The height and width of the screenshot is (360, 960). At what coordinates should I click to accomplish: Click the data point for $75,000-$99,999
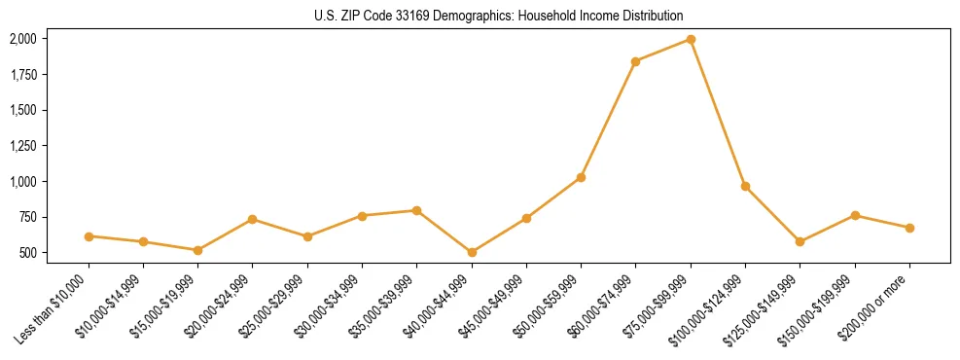[x=691, y=39]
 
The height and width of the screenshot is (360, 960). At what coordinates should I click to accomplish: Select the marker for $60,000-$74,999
[x=635, y=61]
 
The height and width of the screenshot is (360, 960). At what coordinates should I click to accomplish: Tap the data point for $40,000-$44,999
[x=472, y=252]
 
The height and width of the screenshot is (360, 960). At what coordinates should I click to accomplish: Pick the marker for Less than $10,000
[x=89, y=236]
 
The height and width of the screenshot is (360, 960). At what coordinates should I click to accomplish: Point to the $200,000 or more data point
[x=909, y=228]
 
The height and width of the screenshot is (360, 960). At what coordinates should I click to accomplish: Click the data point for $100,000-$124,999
[x=745, y=186]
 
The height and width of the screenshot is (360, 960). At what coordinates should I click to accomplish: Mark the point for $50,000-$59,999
[x=581, y=177]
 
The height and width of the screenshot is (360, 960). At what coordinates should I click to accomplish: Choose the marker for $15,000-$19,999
[x=197, y=250]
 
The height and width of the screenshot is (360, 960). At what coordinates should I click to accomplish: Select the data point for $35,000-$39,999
[x=416, y=210]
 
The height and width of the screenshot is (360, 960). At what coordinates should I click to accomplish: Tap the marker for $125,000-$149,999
[x=800, y=241]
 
